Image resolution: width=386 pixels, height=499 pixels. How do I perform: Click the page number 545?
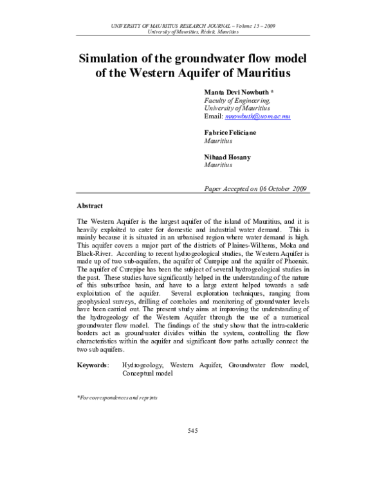tap(193, 430)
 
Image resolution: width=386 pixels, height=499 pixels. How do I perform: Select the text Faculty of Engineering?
tap(237, 101)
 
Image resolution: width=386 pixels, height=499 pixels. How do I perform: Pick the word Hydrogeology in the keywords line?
tap(142, 365)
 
